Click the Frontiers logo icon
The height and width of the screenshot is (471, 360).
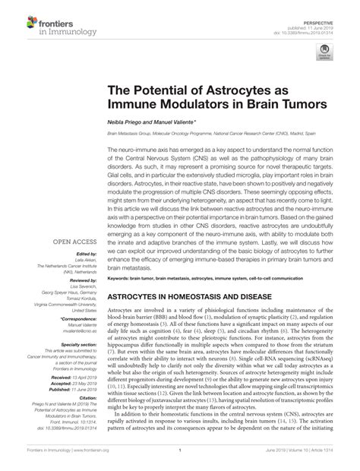coord(17,16)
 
